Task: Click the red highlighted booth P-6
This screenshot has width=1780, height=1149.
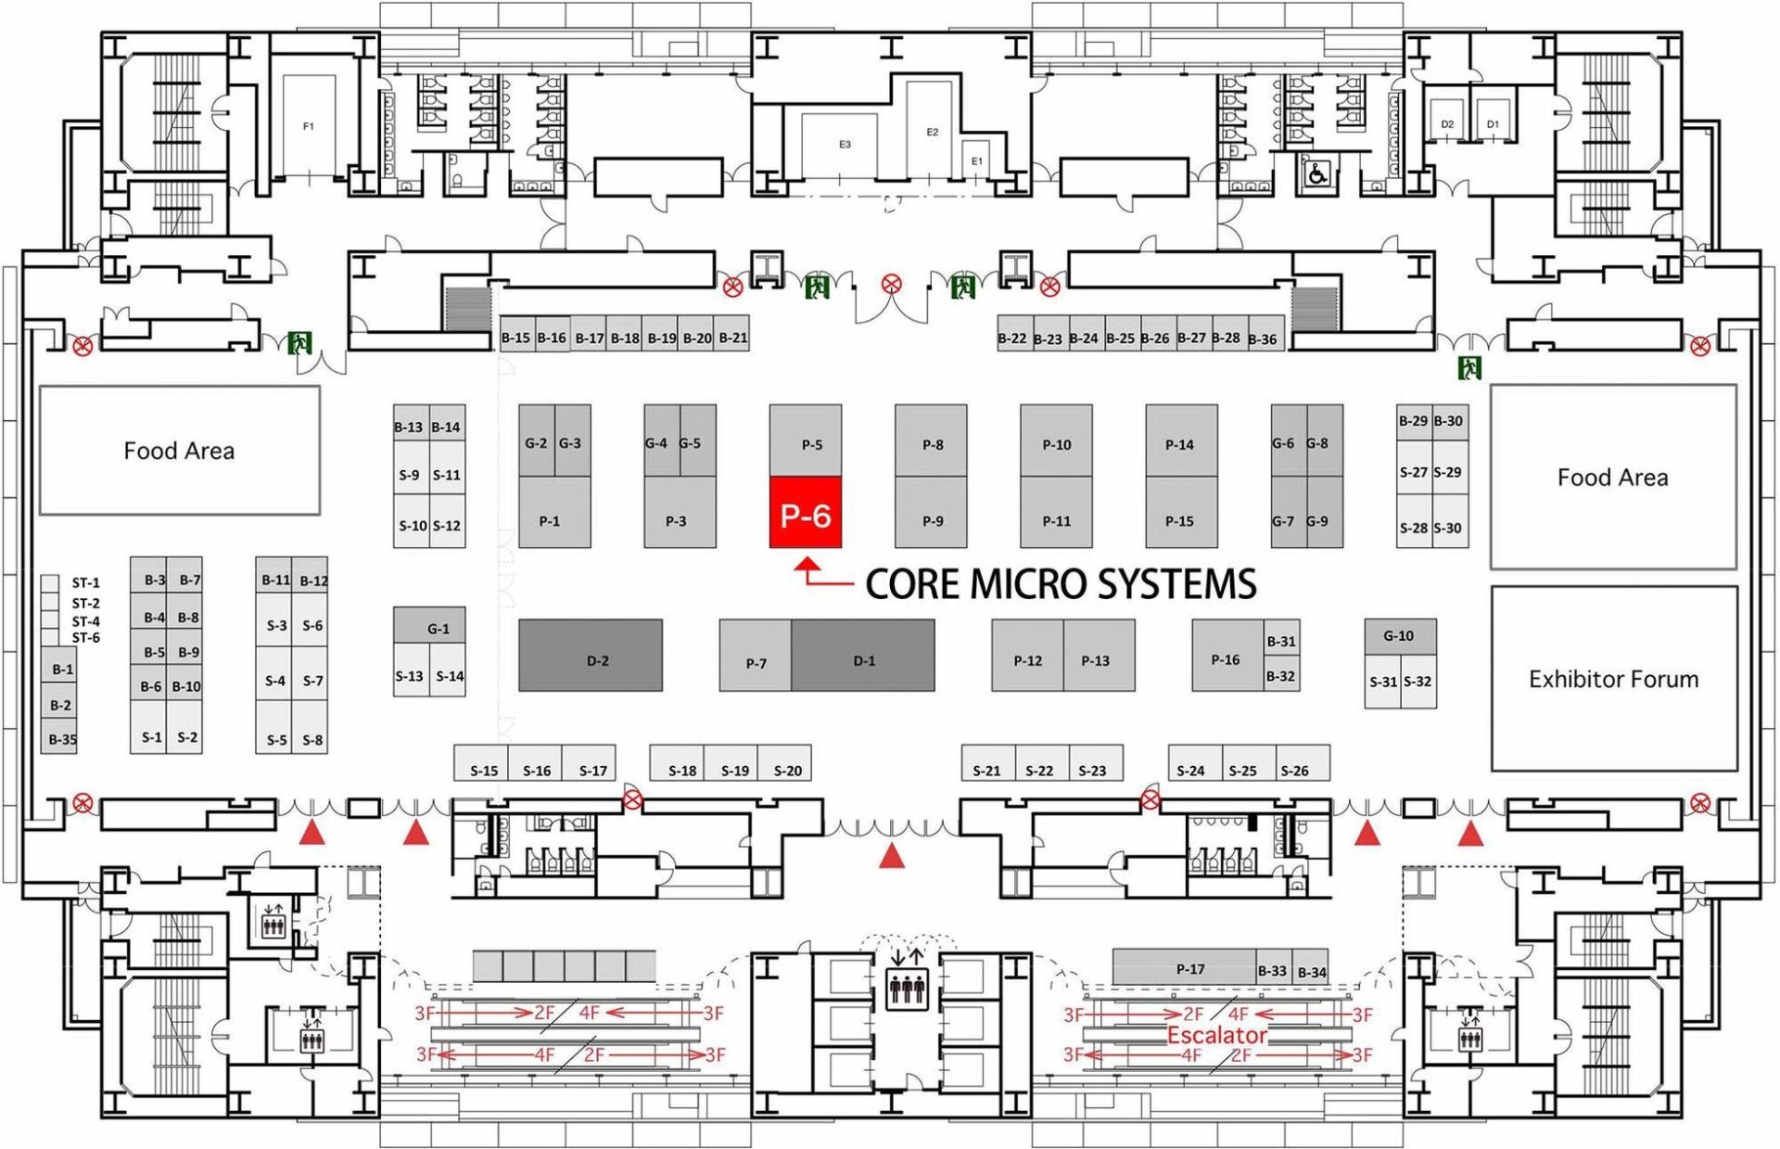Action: [x=805, y=513]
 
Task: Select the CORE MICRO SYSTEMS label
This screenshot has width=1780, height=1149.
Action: [x=1060, y=584]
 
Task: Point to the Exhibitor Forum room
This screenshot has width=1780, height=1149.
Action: [x=1613, y=679]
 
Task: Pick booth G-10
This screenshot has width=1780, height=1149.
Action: [x=1399, y=636]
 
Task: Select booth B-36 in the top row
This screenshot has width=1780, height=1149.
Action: [x=1263, y=338]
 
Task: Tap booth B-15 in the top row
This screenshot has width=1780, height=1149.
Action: [x=515, y=338]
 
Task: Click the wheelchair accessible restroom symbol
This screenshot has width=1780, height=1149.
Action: [x=1316, y=173]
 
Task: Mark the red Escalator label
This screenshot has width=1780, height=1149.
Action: [x=1216, y=1035]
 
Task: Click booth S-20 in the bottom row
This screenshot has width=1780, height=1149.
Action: [x=786, y=769]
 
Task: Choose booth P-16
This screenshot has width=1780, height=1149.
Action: [x=1226, y=658]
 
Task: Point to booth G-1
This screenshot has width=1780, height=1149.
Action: [x=438, y=628]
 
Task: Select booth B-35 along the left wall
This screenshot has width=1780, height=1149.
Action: [x=61, y=739]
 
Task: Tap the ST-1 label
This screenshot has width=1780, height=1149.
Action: [x=85, y=583]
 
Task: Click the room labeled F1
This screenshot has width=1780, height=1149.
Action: [x=309, y=126]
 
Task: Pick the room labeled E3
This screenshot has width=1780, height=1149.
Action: [x=845, y=145]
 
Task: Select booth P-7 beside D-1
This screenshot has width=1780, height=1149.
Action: [x=756, y=661]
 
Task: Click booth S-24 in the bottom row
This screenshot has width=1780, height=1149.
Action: [x=1191, y=769]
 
